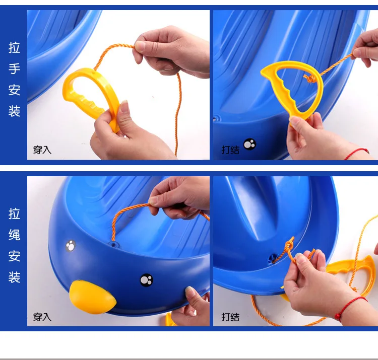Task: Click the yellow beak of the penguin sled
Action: tap(92, 297)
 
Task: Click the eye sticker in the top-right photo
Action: tap(250, 144)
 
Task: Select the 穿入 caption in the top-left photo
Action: tap(42, 150)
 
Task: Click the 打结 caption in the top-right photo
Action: tap(230, 150)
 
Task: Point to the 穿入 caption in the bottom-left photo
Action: tap(42, 317)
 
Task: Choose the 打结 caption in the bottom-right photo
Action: tap(230, 317)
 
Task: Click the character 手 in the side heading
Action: tap(14, 68)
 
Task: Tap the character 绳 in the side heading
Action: tap(14, 235)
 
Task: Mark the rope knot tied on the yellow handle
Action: tap(310, 78)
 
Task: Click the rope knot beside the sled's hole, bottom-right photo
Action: tap(289, 246)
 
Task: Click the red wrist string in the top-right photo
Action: tap(357, 154)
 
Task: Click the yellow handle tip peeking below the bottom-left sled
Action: tap(169, 320)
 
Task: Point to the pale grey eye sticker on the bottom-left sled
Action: tap(71, 246)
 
